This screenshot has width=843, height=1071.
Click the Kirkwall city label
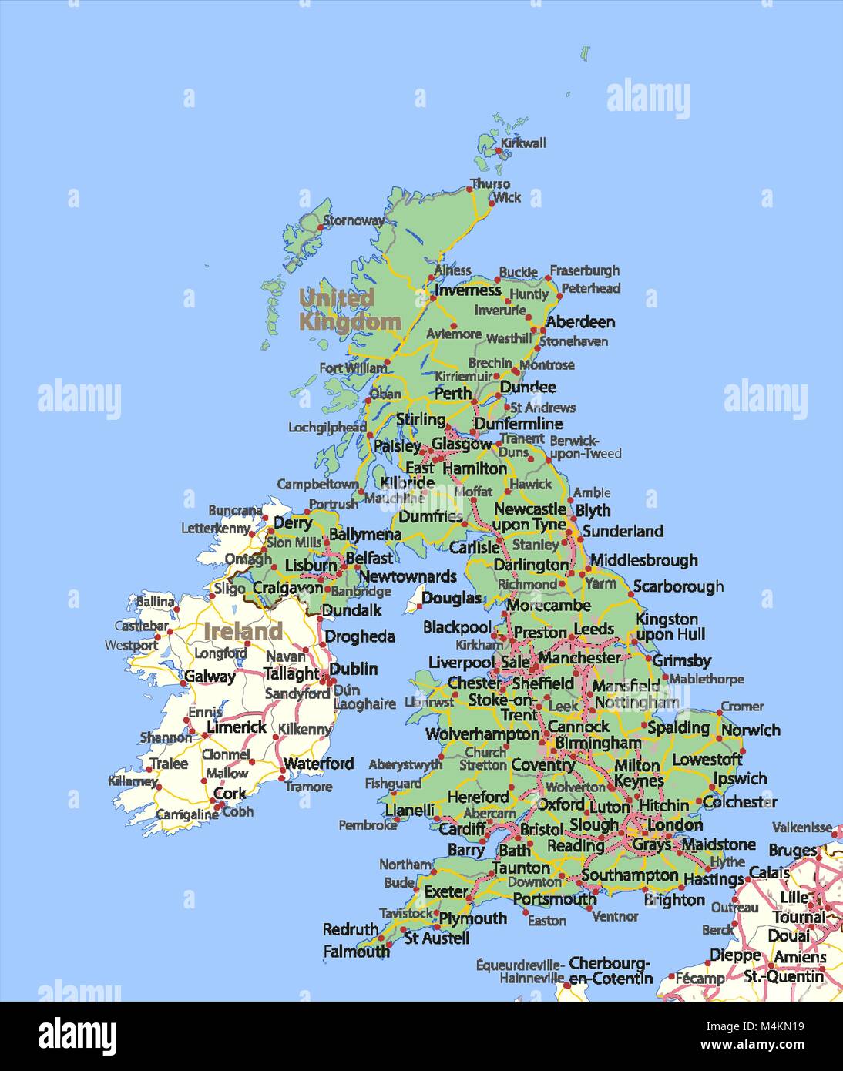(523, 143)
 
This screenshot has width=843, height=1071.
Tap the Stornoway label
(354, 220)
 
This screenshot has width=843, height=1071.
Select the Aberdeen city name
(580, 322)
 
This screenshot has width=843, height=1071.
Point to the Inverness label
(468, 290)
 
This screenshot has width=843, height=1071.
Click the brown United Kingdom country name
(349, 309)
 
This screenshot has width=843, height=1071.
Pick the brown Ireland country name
(243, 632)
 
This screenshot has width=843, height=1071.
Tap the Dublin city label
(353, 669)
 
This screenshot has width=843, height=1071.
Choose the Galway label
(210, 677)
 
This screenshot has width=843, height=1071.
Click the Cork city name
(230, 793)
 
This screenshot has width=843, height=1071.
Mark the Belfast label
(369, 557)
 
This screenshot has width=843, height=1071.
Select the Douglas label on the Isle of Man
(452, 598)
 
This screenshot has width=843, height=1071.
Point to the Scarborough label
(678, 586)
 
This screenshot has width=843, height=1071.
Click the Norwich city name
(751, 730)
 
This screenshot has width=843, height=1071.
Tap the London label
(674, 825)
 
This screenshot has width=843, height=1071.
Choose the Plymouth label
(473, 918)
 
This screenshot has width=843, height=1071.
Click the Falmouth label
(356, 952)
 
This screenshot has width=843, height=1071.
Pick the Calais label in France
(769, 873)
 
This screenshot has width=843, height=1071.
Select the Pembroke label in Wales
(368, 825)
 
